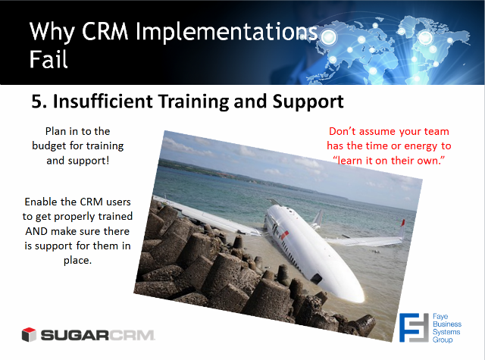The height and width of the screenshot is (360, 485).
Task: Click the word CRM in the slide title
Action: (x=105, y=32)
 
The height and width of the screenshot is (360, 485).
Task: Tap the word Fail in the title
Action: (x=48, y=59)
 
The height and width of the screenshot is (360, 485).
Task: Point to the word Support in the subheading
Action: (x=308, y=102)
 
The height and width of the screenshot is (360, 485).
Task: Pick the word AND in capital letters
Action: (x=36, y=231)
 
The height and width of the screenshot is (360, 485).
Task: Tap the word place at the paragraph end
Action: (x=77, y=261)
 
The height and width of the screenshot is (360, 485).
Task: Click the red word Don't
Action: (x=342, y=131)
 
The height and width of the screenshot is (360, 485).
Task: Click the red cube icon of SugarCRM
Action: (x=29, y=335)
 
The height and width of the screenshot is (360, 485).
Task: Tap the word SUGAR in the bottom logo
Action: (x=75, y=335)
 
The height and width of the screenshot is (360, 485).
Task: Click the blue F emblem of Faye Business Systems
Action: (x=414, y=327)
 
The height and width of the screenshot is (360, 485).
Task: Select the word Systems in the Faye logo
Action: (x=446, y=332)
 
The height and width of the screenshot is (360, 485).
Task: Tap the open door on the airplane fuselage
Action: (x=316, y=278)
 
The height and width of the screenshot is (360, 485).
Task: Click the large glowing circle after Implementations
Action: (x=328, y=37)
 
